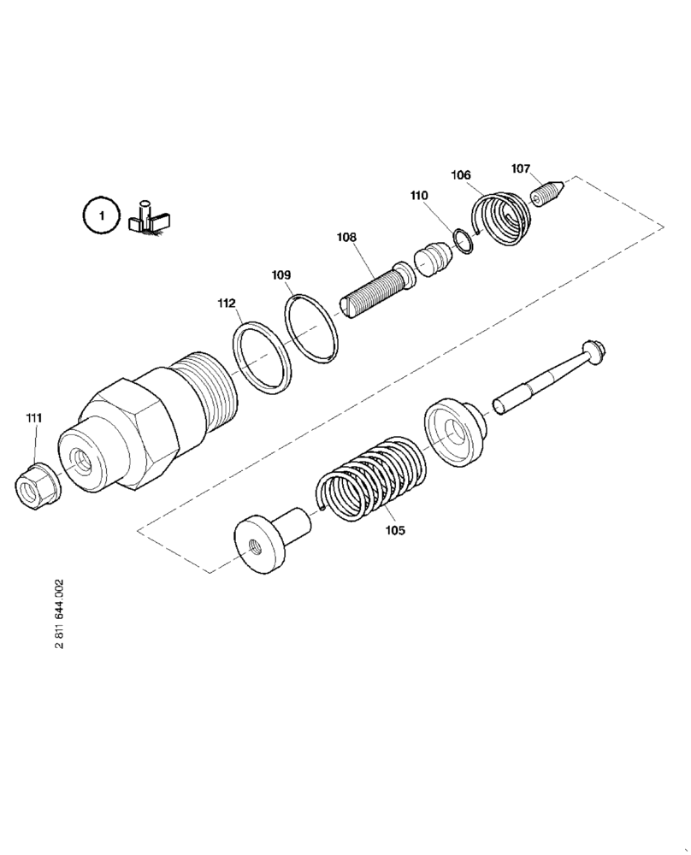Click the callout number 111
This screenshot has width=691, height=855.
coord(33,417)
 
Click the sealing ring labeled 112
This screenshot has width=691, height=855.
coord(262,358)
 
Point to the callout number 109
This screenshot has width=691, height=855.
coord(281,275)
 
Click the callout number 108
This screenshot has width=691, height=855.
coord(346,237)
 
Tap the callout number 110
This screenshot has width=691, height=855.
coord(419,196)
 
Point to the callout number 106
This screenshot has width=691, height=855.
coord(461,174)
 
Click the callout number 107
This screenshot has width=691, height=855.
coord(522,168)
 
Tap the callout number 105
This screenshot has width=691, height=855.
coord(395,530)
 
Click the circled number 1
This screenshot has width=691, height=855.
coord(101,215)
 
